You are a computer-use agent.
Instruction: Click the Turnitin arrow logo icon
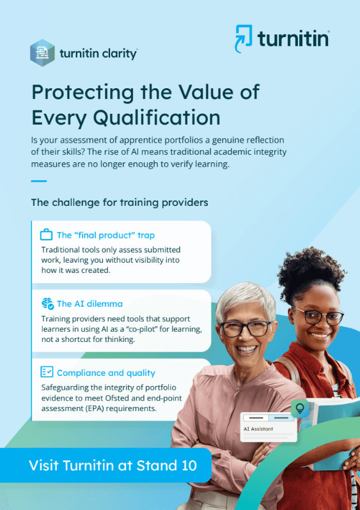click(x=243, y=38)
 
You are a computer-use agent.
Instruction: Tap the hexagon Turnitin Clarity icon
click(x=42, y=52)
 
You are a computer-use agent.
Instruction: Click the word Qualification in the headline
click(x=157, y=118)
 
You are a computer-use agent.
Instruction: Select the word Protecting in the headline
click(x=82, y=93)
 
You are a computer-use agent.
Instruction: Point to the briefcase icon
click(x=46, y=235)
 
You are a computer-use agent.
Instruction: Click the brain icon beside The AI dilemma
click(x=47, y=304)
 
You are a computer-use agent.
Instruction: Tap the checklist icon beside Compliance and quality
click(x=47, y=372)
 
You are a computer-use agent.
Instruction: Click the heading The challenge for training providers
click(x=120, y=203)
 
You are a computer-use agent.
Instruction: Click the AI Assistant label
click(x=258, y=429)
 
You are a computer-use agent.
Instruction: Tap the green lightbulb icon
click(x=300, y=408)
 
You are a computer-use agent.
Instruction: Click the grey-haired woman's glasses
click(x=246, y=328)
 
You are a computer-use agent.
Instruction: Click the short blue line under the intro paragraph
click(x=39, y=181)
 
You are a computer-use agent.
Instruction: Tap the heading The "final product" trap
click(x=106, y=235)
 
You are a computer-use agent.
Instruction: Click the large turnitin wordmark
click(x=293, y=39)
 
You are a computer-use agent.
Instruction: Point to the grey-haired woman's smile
click(x=246, y=350)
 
